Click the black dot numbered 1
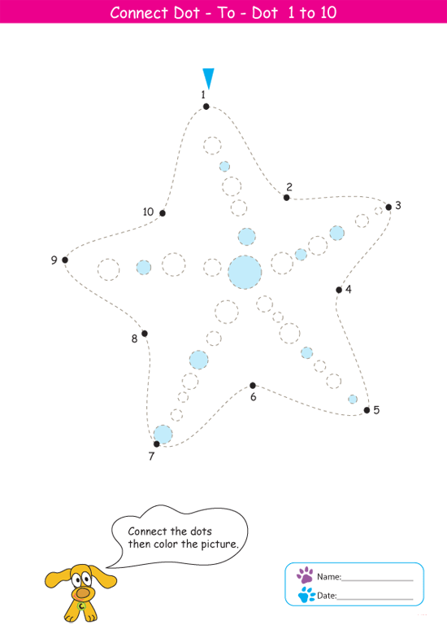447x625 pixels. click(x=206, y=107)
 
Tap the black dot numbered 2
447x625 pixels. click(x=287, y=197)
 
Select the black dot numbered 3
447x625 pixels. click(x=388, y=207)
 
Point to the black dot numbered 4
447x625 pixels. click(x=339, y=290)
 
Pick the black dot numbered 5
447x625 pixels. click(x=367, y=410)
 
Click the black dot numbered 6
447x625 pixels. click(x=253, y=386)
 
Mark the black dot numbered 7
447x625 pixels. click(x=156, y=444)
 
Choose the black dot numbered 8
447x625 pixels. click(x=145, y=333)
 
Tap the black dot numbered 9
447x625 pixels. click(x=65, y=260)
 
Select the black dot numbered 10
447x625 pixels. click(x=163, y=213)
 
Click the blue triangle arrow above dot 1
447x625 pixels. click(x=208, y=78)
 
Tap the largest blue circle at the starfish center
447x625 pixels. click(x=245, y=273)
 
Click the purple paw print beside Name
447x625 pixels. click(x=305, y=575)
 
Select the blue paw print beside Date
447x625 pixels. click(x=306, y=595)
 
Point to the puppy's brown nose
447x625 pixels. click(x=83, y=593)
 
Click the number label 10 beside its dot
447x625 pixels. click(x=148, y=212)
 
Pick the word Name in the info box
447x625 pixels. click(x=328, y=577)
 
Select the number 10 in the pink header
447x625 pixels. click(x=328, y=13)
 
